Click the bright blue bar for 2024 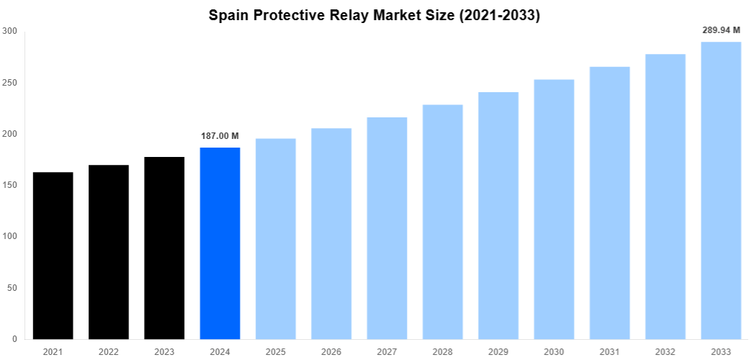(220, 243)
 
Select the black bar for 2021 (53, 256)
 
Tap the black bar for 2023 (164, 248)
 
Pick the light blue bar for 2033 (721, 190)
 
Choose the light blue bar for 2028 (442, 222)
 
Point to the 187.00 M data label (220, 136)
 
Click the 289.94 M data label (721, 30)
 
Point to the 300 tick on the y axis (9, 31)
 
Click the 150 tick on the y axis (9, 185)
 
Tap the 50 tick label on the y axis (12, 288)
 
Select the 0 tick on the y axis (14, 339)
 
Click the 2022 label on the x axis (109, 351)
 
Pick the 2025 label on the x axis (276, 351)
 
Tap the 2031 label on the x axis (609, 351)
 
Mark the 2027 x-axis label (387, 351)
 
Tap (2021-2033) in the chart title (497, 15)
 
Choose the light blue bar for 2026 (331, 233)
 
